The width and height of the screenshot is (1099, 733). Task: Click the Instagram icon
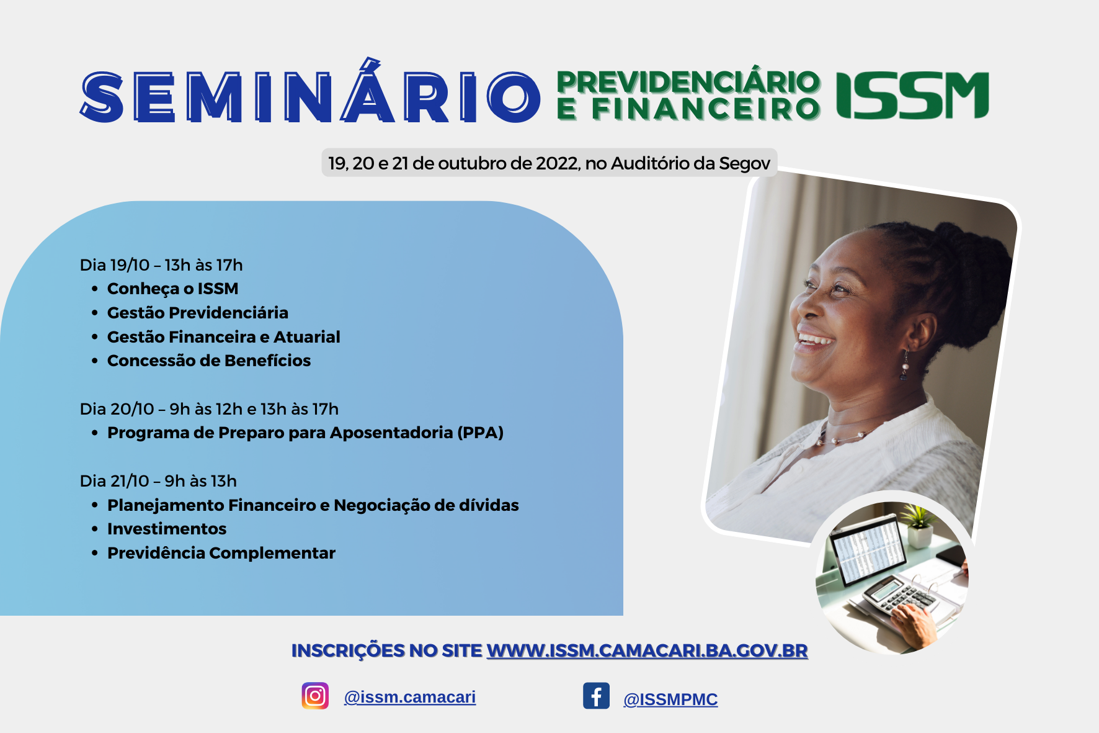click(315, 696)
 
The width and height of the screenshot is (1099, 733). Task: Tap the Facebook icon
click(596, 696)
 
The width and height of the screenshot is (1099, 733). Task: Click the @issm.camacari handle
click(410, 697)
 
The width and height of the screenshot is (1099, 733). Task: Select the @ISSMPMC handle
click(670, 699)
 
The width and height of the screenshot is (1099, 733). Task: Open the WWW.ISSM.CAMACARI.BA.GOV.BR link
click(647, 650)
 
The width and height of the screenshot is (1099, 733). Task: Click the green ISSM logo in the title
click(912, 95)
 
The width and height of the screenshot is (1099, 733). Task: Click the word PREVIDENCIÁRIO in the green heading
click(689, 82)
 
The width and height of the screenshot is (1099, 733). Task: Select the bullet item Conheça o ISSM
click(172, 289)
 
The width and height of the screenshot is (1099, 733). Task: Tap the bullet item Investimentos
click(167, 529)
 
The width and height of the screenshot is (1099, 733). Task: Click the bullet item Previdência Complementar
click(221, 553)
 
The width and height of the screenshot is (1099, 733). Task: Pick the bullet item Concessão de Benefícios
click(209, 361)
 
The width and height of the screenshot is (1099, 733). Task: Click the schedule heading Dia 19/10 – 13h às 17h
click(161, 265)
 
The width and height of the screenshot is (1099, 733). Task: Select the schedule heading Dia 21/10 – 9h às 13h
click(158, 481)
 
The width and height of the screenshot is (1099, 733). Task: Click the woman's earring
click(905, 365)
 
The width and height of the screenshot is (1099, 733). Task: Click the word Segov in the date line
click(744, 163)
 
